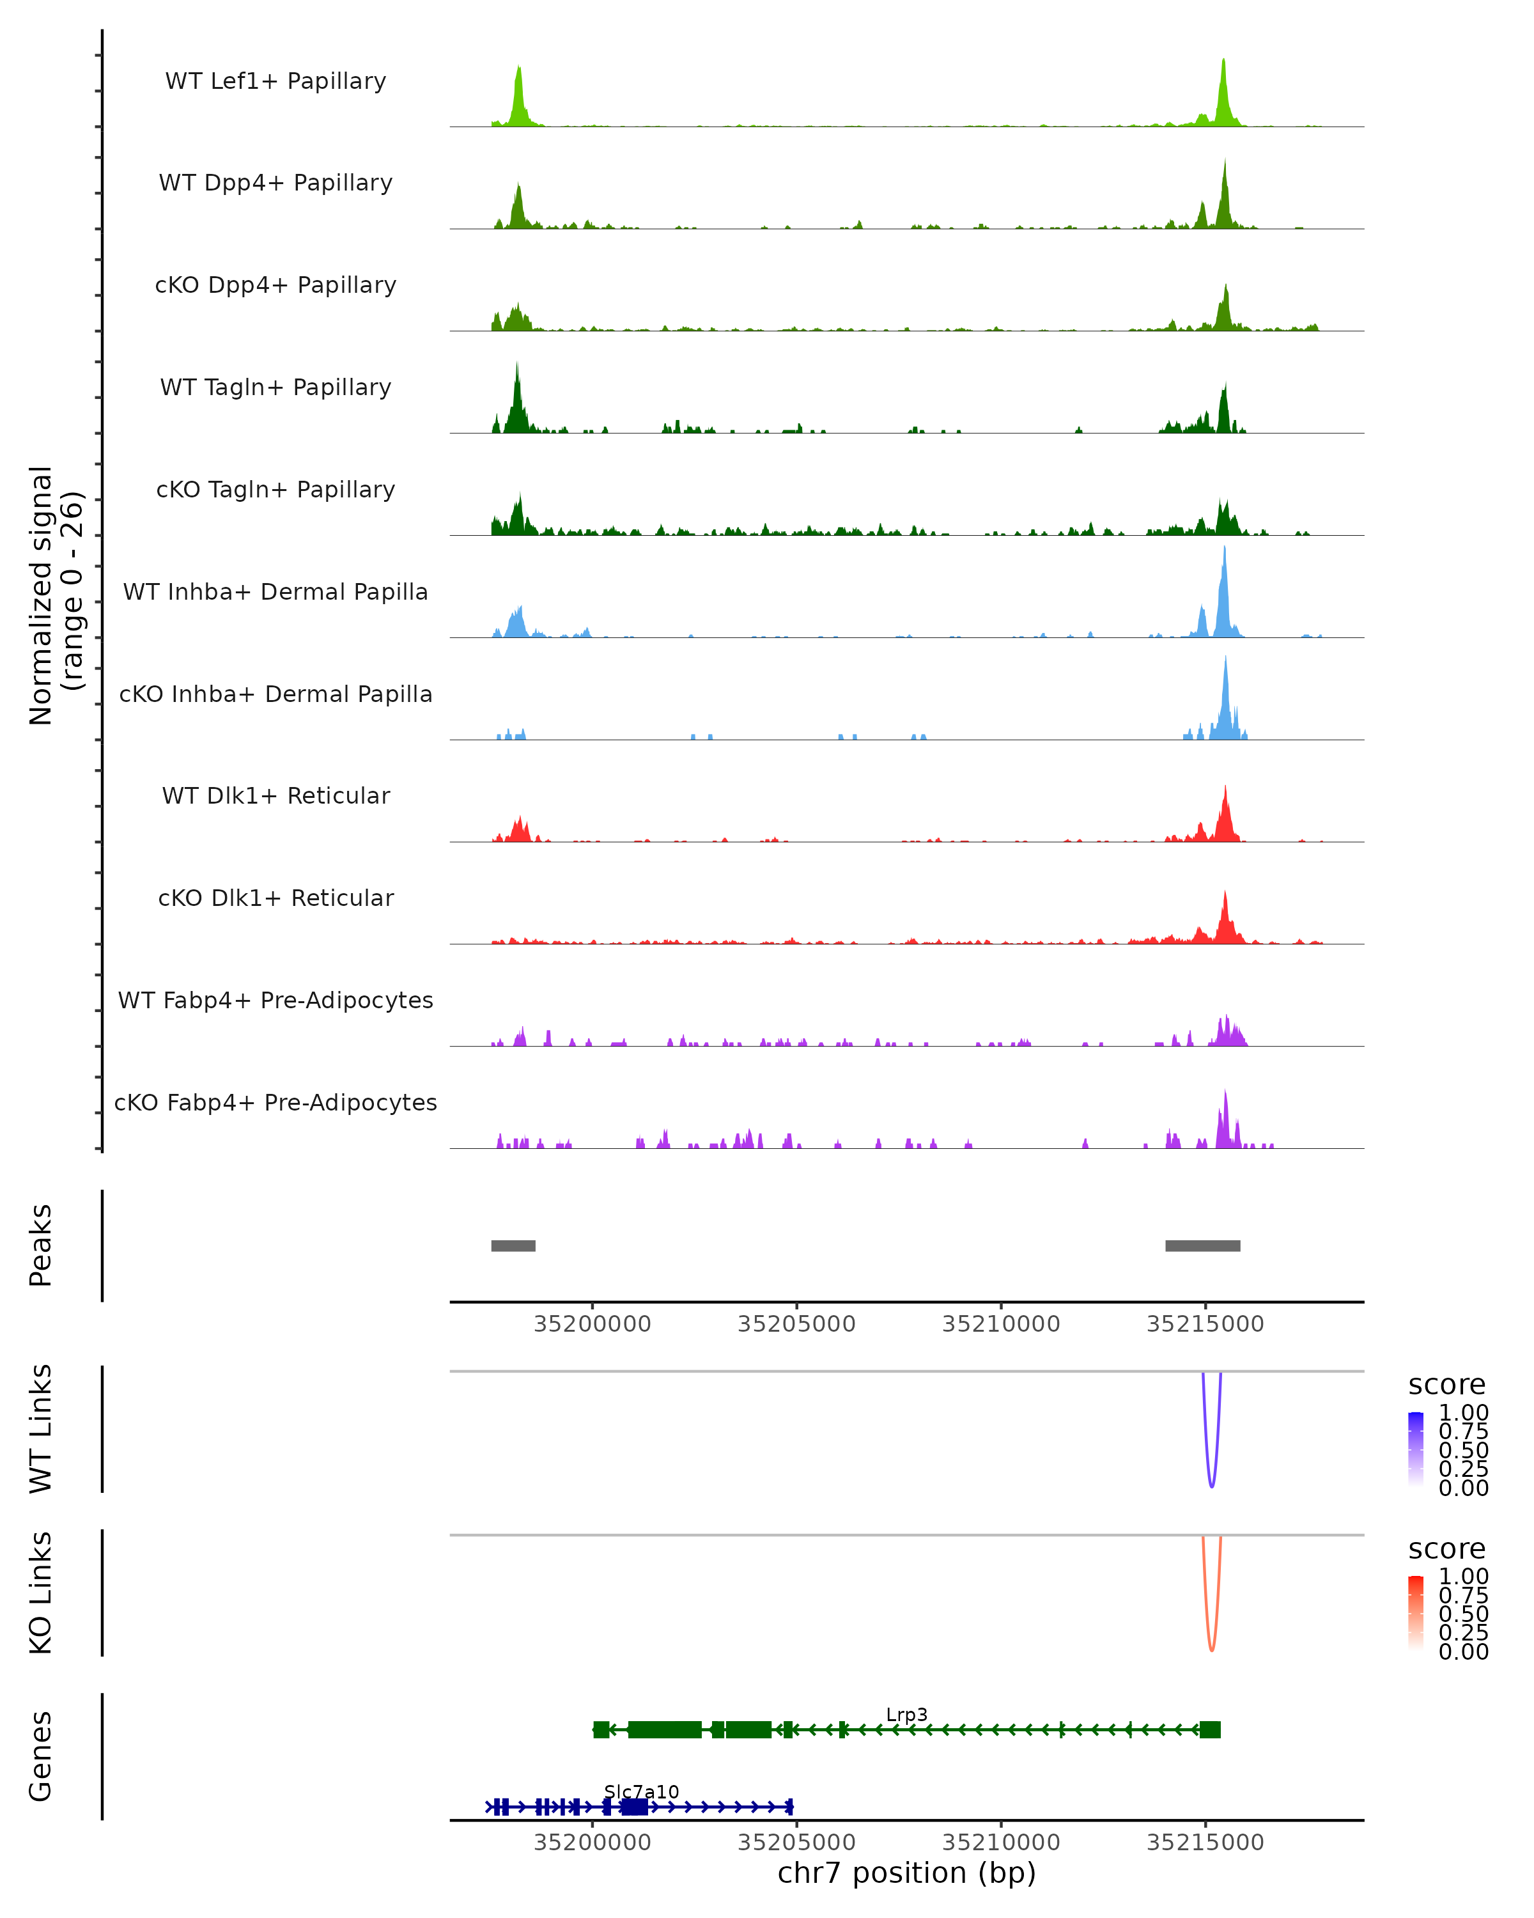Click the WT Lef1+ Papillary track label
275,81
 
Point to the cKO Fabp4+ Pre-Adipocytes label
275,1102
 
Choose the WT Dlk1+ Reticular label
275,795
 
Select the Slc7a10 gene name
641,1791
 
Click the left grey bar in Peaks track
513,1245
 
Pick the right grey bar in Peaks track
1202,1245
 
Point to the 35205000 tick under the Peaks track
797,1324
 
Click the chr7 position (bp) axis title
906,1873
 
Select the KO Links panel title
40,1593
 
